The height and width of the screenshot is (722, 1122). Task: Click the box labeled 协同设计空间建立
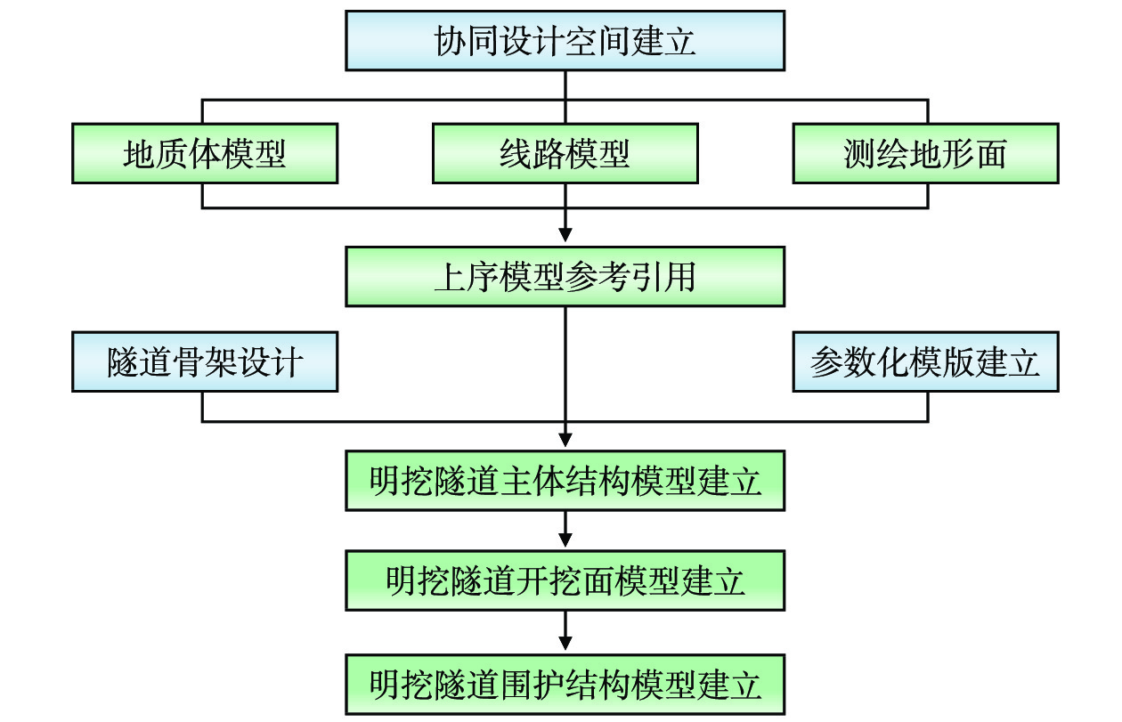pyautogui.click(x=565, y=41)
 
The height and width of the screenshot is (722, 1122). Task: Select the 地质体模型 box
pyautogui.click(x=204, y=154)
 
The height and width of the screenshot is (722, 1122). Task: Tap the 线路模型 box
pyautogui.click(x=565, y=154)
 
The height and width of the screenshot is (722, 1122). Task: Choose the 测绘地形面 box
pyautogui.click(x=925, y=154)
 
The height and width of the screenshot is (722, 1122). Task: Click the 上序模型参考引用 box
pyautogui.click(x=565, y=277)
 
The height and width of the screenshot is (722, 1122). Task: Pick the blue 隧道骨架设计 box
pyautogui.click(x=204, y=362)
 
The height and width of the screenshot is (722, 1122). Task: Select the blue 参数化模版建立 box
pyautogui.click(x=925, y=362)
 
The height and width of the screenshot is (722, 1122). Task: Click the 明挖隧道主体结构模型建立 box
pyautogui.click(x=565, y=481)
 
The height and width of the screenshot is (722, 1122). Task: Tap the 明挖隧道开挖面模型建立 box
pyautogui.click(x=565, y=580)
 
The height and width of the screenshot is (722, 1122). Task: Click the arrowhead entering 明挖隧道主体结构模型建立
pyautogui.click(x=565, y=438)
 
